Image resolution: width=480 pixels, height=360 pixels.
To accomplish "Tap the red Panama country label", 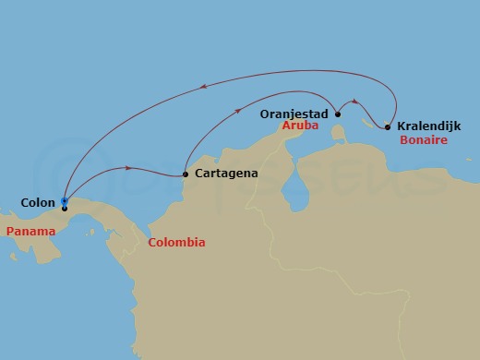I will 28,230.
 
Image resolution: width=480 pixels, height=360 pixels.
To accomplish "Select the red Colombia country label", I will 175,243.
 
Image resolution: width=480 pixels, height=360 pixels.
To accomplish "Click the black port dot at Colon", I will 65,208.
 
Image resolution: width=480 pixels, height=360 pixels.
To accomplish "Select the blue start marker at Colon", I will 64,200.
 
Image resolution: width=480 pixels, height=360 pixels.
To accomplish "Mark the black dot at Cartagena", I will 186,174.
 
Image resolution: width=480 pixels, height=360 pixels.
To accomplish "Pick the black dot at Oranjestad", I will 338,114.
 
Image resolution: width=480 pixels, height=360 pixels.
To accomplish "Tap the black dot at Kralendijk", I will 388,126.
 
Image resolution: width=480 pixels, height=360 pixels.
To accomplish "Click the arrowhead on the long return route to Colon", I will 203,88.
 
